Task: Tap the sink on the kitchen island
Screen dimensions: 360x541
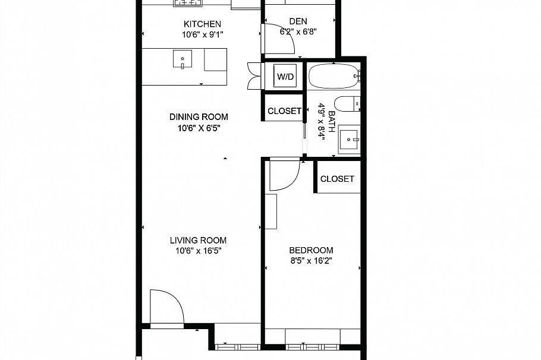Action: coord(183,59)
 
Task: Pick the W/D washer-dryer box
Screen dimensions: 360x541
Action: coord(284,76)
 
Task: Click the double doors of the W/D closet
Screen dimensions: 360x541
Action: coord(255,76)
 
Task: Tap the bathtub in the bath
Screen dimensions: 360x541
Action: coord(333,76)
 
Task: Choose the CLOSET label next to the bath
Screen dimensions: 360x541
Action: coord(284,111)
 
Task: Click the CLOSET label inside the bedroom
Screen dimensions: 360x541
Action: coord(337,178)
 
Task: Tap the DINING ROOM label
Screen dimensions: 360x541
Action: coord(198,117)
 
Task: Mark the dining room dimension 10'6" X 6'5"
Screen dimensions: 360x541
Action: coord(198,127)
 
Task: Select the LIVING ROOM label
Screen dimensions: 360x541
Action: coord(198,241)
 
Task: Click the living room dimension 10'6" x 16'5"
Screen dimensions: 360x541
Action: coord(198,251)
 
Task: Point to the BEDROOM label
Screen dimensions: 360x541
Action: coord(311,250)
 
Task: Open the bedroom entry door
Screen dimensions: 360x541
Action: coord(283,173)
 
